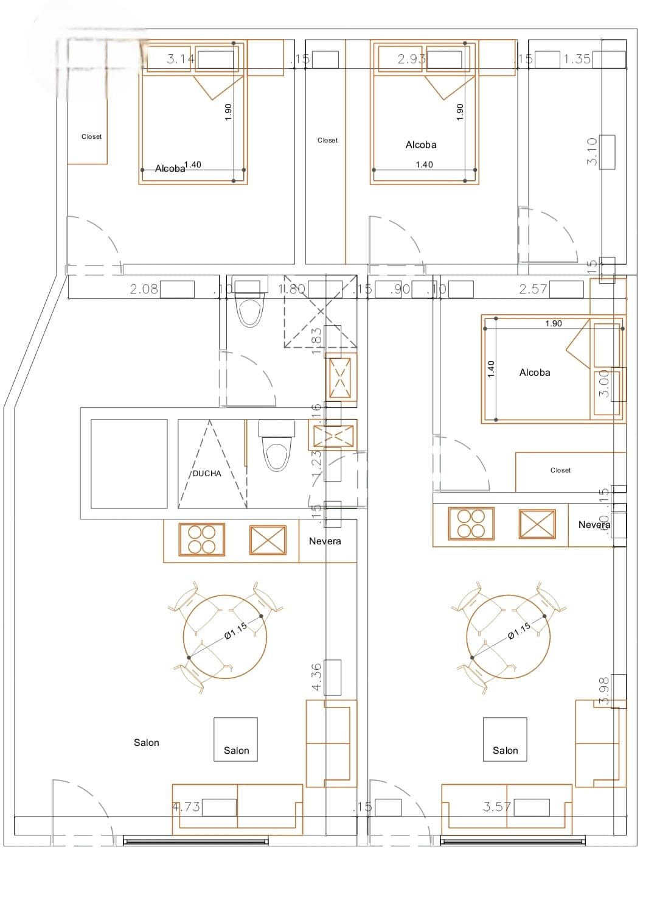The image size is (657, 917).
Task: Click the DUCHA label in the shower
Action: pos(207,474)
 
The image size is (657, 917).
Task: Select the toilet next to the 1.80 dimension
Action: pos(250,306)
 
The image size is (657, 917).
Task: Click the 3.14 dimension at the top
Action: pos(181,59)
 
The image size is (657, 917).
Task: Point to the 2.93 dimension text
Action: pos(411,59)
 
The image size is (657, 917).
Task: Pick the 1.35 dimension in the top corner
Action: pos(577,59)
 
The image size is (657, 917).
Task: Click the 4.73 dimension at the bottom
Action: pos(186,807)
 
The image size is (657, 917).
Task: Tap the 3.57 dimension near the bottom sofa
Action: pos(496,807)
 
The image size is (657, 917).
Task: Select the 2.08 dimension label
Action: pos(144,289)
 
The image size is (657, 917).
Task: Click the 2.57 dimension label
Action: pos(533,289)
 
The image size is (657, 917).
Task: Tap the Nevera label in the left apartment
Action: pos(325,541)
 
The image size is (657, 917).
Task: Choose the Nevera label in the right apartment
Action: pos(594,525)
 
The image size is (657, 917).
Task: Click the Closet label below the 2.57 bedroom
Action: pos(560,471)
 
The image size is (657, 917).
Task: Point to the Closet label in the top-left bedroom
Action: pos(92,137)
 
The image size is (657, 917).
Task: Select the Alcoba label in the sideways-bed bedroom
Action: pos(535,373)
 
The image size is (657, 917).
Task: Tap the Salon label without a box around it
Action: pos(147,743)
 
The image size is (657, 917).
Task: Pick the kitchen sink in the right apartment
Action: pos(537,524)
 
